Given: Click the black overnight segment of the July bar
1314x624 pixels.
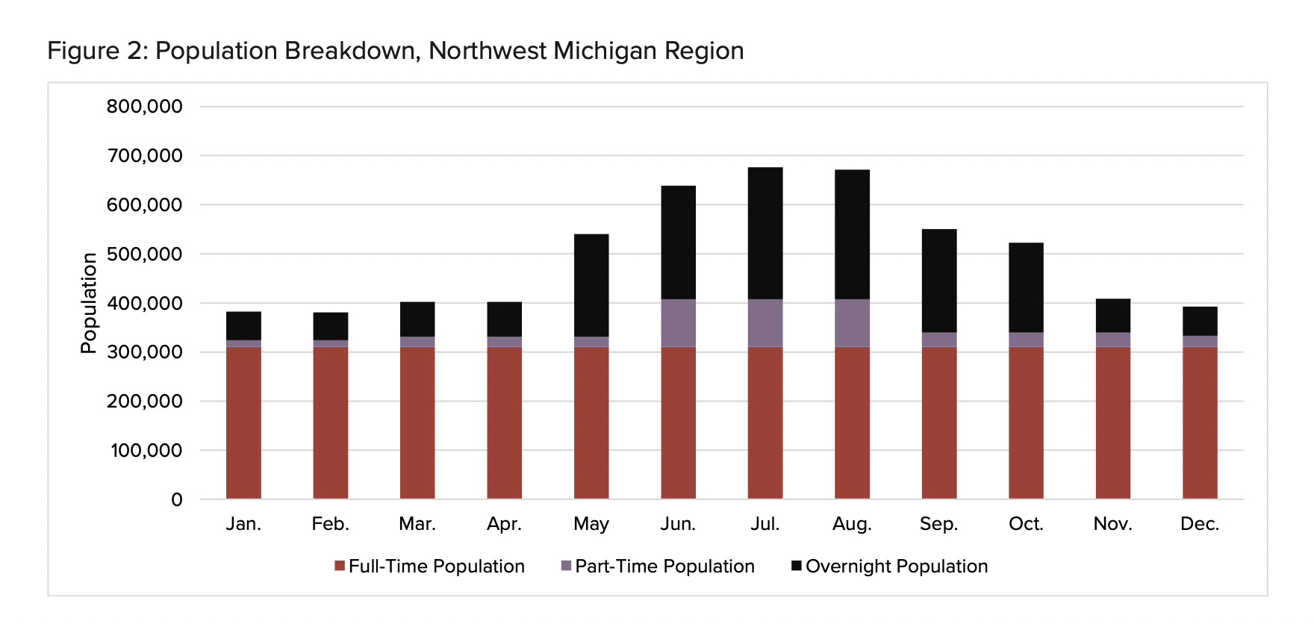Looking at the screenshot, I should [x=765, y=233].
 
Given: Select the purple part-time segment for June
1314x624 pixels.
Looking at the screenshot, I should [x=678, y=322].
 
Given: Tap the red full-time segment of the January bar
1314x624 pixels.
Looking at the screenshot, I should [x=243, y=422].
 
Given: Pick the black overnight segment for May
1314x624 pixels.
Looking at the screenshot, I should [x=591, y=285].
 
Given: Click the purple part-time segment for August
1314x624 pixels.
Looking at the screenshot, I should [x=852, y=322].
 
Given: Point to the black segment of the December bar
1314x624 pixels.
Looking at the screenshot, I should [x=1200, y=321].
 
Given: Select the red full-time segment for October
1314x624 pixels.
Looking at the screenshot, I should [x=1026, y=422].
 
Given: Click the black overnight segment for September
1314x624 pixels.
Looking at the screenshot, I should [x=939, y=281].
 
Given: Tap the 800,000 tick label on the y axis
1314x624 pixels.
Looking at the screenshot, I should [x=144, y=106].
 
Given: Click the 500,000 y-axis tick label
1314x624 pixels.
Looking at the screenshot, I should [x=144, y=254].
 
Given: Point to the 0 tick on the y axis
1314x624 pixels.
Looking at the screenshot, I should [x=177, y=499].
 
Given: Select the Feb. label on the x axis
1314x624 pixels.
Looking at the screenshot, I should [x=330, y=524].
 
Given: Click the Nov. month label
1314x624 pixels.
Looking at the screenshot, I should [x=1112, y=524].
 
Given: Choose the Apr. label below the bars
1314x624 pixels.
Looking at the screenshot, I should [x=504, y=524].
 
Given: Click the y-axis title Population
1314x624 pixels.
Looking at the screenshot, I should [x=89, y=303].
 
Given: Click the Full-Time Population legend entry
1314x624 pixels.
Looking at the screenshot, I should [x=436, y=567].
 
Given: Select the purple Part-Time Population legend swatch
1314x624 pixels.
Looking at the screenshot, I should [x=567, y=566].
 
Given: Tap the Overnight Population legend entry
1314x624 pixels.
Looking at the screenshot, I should [x=896, y=567].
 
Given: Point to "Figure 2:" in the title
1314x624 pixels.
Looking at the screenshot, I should [x=97, y=51].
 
